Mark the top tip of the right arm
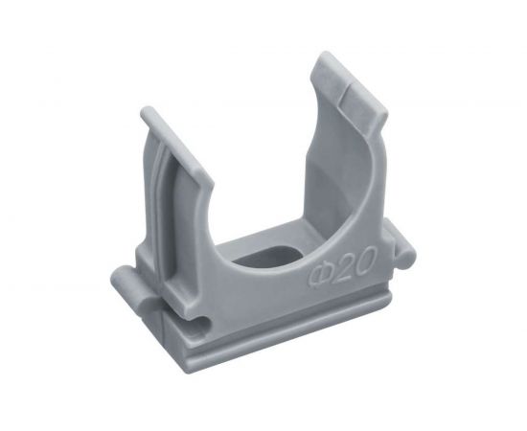pyautogui.click(x=323, y=54)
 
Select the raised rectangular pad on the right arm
pyautogui.click(x=363, y=101)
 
